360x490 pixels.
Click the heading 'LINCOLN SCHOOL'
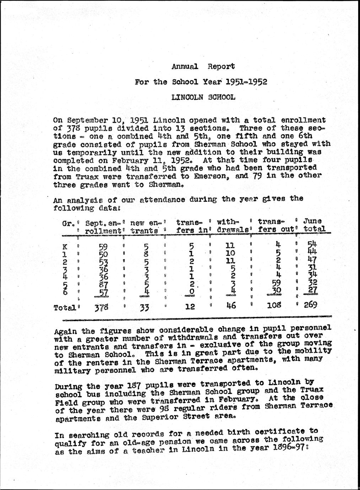203,97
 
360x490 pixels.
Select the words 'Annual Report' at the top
203,66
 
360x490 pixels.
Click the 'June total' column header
313,226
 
